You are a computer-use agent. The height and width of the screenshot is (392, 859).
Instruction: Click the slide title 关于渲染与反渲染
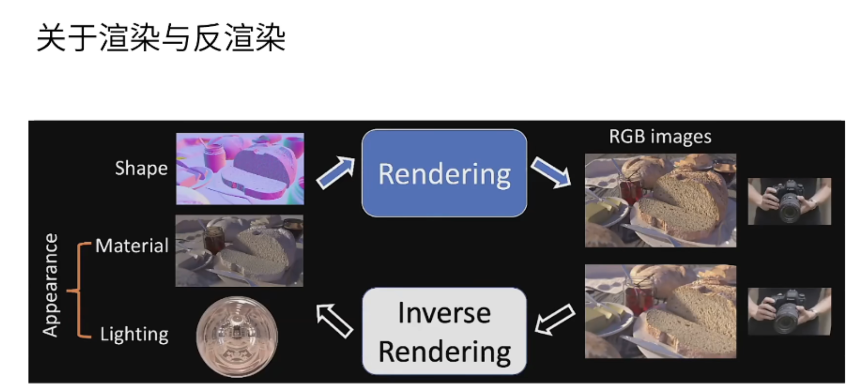click(161, 37)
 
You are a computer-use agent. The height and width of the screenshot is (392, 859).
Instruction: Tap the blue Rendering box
click(444, 173)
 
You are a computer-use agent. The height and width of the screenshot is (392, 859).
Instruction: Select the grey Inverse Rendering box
click(444, 331)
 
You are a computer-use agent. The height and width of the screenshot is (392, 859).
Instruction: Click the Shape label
click(141, 168)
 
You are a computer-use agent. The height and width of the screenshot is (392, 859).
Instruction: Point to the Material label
click(132, 246)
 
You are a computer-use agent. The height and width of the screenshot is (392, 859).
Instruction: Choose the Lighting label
click(134, 334)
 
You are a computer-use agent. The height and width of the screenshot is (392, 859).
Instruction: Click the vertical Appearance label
click(50, 285)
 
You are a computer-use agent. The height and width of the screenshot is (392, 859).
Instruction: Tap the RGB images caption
click(660, 136)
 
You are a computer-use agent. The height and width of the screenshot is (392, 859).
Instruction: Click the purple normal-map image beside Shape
click(239, 169)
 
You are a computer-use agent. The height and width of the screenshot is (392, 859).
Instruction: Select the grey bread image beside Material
click(239, 250)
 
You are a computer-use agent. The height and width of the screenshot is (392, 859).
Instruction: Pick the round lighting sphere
click(237, 336)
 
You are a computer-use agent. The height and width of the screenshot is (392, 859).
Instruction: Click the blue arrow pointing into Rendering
click(336, 173)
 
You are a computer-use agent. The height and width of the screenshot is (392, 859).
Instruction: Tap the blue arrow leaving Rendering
click(551, 172)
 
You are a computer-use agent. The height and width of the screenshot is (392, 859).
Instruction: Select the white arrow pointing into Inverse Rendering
click(554, 319)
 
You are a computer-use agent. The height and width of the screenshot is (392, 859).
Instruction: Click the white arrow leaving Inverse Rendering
click(334, 320)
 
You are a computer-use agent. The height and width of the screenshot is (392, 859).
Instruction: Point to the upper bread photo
click(661, 200)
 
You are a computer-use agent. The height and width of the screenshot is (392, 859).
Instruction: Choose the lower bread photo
click(661, 311)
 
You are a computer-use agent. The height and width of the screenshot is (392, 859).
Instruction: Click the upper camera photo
click(789, 201)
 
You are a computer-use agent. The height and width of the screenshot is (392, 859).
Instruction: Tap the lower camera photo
click(789, 311)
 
